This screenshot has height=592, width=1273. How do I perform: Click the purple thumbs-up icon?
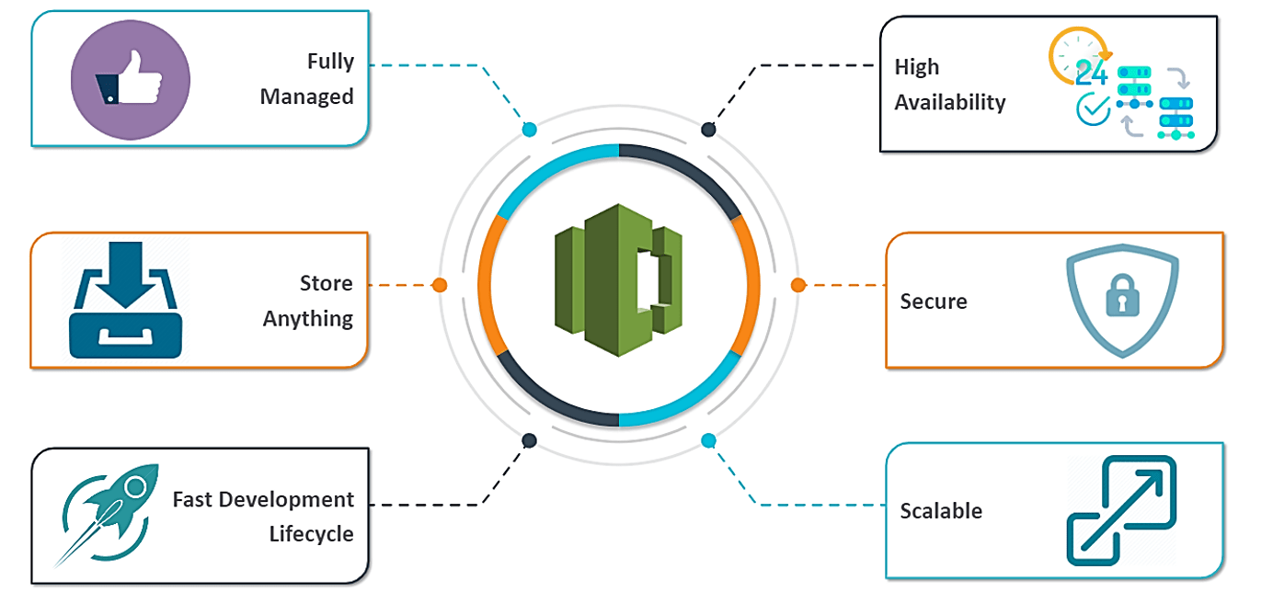click(130, 80)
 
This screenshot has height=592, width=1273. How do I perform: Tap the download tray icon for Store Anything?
click(125, 300)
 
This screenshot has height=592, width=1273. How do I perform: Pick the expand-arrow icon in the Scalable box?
click(1121, 510)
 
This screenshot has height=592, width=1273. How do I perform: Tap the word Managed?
click(306, 97)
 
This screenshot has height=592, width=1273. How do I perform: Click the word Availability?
click(950, 102)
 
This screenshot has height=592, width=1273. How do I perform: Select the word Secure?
click(934, 302)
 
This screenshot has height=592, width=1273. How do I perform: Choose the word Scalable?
click(941, 511)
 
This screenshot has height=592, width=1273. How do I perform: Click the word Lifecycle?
click(311, 534)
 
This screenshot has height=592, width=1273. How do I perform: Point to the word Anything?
click(307, 319)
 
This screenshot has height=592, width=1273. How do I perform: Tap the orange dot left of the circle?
click(440, 285)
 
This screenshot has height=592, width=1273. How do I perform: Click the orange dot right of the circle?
click(797, 285)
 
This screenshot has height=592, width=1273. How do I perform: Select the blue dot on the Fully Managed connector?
click(529, 130)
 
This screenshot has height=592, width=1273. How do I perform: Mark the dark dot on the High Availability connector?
click(708, 130)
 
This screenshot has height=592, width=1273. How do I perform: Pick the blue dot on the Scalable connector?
click(708, 441)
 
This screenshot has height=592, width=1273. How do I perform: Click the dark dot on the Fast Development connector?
click(529, 441)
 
